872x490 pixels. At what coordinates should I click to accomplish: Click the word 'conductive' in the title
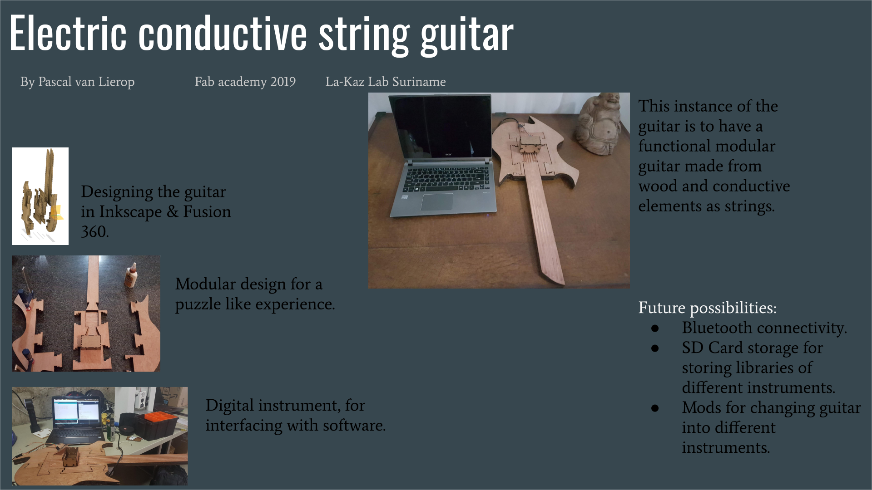[223, 33]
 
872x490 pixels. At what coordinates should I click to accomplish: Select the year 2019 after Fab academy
[283, 82]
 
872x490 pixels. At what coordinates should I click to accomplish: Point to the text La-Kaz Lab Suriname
[386, 82]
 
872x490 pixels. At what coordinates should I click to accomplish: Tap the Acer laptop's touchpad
[437, 202]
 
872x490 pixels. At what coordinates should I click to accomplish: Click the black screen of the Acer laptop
[440, 126]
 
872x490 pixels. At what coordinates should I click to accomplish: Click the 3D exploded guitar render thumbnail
[40, 196]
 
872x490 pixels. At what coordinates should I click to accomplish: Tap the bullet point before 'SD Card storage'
[655, 348]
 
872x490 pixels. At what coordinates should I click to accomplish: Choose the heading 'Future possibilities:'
[707, 308]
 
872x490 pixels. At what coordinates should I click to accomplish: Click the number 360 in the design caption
[94, 232]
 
